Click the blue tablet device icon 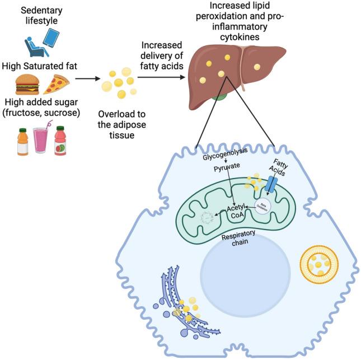51,38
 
